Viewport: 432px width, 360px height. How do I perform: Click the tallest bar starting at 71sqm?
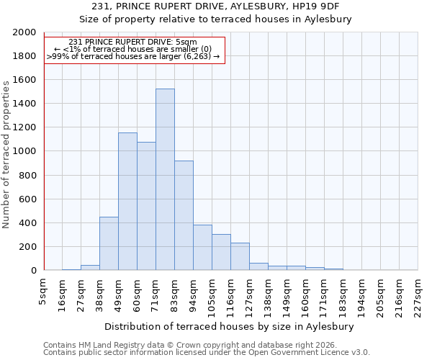[x=165, y=179]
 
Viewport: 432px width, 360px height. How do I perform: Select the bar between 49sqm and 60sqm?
[x=127, y=202]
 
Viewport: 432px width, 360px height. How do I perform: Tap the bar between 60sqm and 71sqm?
[x=146, y=206]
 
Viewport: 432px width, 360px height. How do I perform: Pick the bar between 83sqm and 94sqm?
[x=184, y=215]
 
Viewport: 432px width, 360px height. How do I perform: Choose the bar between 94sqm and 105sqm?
[x=202, y=248]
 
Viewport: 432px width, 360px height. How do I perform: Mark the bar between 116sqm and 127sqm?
[x=240, y=256]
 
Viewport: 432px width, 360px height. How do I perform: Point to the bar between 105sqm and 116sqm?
[x=221, y=252]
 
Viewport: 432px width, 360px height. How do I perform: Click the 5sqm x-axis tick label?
[x=43, y=288]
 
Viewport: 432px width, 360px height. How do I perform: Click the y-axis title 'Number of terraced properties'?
[x=6, y=154]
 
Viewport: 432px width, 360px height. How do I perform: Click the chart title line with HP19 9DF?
[x=215, y=6]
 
